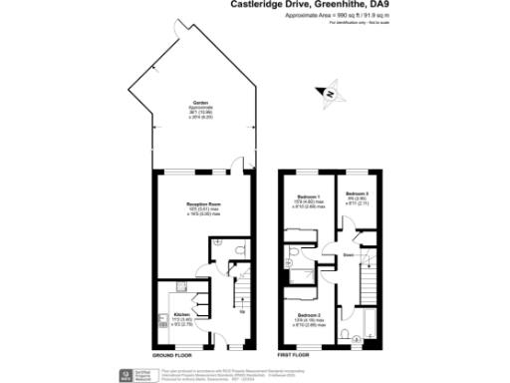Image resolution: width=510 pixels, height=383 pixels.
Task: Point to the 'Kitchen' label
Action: coord(181,314)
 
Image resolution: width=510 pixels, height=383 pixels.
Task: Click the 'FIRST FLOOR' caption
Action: coord(298,354)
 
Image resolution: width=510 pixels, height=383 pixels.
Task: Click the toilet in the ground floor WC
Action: coord(229,250)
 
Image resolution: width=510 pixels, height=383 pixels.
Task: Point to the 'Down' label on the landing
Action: coord(351,254)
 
